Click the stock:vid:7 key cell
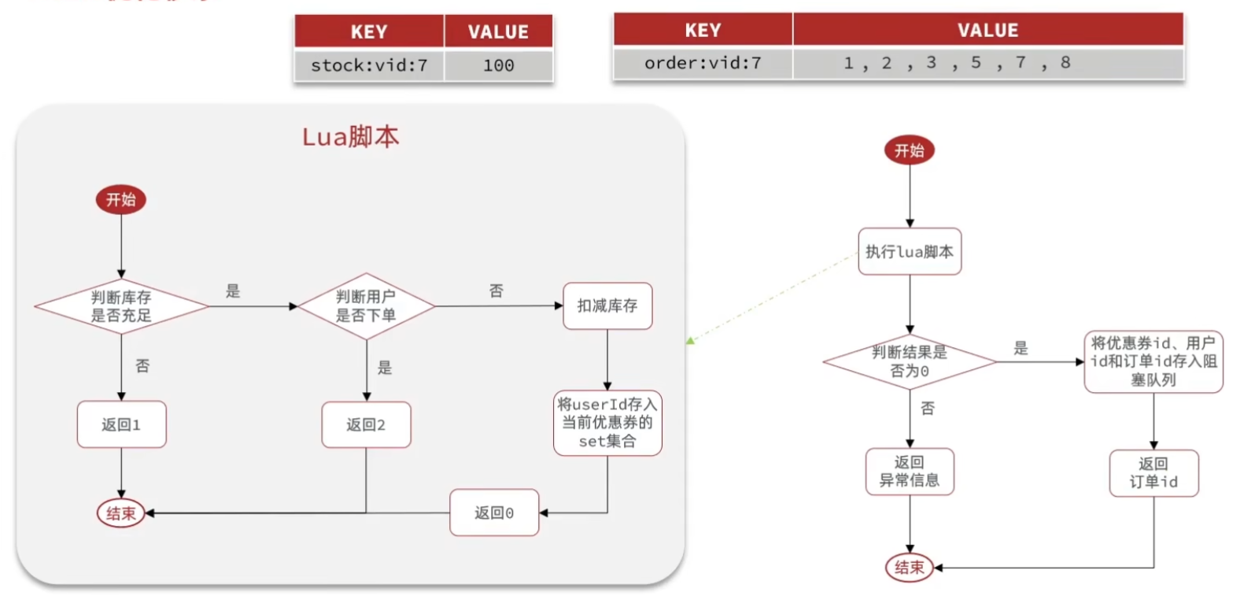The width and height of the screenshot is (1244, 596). coord(369,65)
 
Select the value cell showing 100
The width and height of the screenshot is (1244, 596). coord(498,65)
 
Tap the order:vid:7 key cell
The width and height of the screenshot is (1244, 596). coord(703,63)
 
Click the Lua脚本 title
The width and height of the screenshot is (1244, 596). coord(350,137)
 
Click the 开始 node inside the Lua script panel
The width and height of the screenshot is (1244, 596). coord(121,199)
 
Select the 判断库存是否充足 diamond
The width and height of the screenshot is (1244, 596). coord(121,306)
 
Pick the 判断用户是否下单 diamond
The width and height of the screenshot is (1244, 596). coord(366,306)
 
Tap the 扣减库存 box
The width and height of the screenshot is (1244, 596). coord(607,305)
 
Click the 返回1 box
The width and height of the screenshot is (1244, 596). coord(121,424)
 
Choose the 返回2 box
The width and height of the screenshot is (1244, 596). coord(366,424)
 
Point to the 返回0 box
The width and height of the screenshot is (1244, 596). coord(494,513)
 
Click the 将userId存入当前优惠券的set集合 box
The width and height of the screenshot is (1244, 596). coord(607,423)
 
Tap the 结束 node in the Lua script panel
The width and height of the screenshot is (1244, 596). coord(121,513)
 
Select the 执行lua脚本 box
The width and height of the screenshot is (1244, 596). coord(910,252)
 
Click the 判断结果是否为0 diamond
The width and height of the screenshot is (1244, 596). coord(910,361)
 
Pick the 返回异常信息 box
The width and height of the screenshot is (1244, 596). coord(910,472)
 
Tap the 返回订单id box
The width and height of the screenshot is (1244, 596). coord(1154,472)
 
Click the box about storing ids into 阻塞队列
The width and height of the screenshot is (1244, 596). coord(1154,361)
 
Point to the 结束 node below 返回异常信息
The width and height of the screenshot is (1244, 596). coord(910,567)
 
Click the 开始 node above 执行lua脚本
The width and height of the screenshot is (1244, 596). coord(910,150)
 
